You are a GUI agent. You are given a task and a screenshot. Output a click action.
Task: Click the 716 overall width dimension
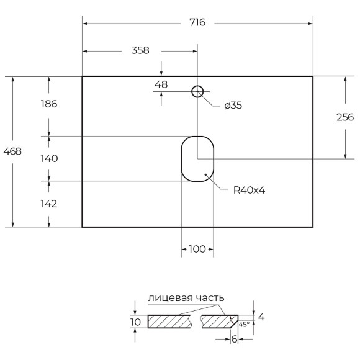(197, 23)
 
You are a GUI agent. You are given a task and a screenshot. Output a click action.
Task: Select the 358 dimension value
(140, 51)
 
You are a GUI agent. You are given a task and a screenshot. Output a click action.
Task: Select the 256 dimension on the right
(345, 117)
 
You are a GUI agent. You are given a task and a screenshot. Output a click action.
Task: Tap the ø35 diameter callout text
(233, 106)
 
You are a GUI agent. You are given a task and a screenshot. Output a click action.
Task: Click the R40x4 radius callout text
(250, 191)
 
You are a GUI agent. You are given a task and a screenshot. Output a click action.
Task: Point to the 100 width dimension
(197, 250)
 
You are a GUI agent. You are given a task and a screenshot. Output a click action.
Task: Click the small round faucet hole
(197, 92)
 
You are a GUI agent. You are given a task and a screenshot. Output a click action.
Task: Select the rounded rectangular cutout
(197, 159)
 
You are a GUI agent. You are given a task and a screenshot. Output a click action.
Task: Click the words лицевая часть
(186, 299)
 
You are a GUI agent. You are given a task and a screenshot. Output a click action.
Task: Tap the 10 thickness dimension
(137, 322)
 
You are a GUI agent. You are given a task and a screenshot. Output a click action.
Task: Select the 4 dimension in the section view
(261, 317)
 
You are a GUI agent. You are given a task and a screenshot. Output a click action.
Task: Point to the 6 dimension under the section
(234, 339)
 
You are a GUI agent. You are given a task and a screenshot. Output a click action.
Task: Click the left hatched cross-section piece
(171, 322)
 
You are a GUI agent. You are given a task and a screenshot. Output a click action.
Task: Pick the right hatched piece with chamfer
(218, 322)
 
